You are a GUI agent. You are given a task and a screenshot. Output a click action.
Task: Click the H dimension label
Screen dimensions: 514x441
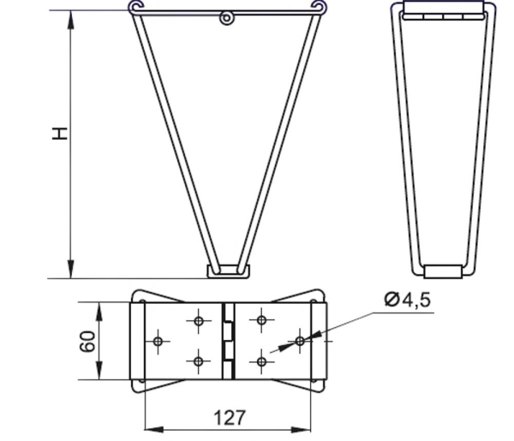pyautogui.click(x=60, y=134)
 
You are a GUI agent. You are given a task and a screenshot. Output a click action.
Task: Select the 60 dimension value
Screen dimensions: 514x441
pyautogui.click(x=87, y=342)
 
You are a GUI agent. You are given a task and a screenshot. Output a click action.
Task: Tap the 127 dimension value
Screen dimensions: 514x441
pyautogui.click(x=229, y=418)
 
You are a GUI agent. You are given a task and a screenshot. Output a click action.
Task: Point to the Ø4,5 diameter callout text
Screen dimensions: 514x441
pyautogui.click(x=407, y=300)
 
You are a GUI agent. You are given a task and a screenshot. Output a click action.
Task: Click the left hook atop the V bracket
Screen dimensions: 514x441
pyautogui.click(x=136, y=7)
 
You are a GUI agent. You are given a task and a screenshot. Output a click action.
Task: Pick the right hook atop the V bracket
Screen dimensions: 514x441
pyautogui.click(x=319, y=7)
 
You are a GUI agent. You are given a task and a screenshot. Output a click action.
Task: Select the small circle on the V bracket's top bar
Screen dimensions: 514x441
pyautogui.click(x=226, y=18)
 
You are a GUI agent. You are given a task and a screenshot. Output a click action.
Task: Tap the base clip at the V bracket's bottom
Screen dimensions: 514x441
pyautogui.click(x=228, y=271)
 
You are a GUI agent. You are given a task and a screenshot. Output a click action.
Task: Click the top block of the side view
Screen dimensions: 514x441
pyautogui.click(x=444, y=10)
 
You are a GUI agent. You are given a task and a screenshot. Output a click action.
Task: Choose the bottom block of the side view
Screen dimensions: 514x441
pyautogui.click(x=443, y=271)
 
